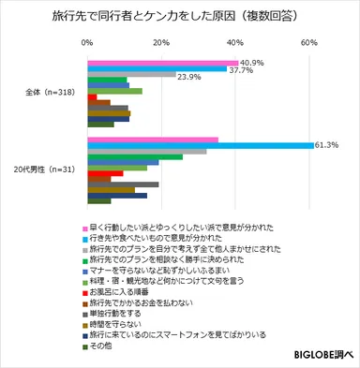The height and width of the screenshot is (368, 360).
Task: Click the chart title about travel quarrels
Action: click(x=180, y=17)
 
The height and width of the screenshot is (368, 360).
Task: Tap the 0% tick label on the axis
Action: click(x=87, y=43)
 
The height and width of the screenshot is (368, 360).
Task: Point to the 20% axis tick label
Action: click(x=160, y=43)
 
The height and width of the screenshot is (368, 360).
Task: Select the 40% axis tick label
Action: click(x=233, y=43)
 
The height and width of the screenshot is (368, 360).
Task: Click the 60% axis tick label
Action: click(x=307, y=43)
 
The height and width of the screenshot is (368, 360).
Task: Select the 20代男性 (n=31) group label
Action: click(x=46, y=170)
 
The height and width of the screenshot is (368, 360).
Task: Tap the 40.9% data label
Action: click(x=254, y=61)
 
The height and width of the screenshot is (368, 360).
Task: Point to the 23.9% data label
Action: click(x=190, y=76)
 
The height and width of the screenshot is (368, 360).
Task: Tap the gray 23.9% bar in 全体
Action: click(x=131, y=75)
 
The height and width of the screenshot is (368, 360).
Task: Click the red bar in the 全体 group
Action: click(x=92, y=96)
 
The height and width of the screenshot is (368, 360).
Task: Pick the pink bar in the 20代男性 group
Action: click(x=152, y=139)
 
